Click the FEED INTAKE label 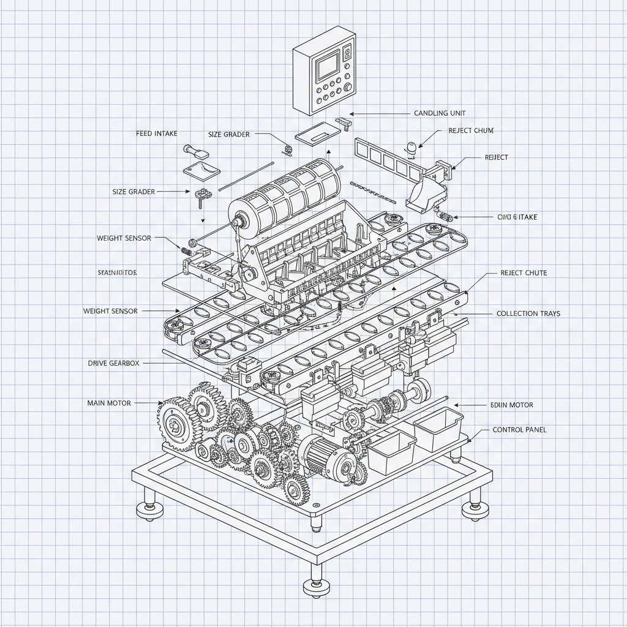point(157,133)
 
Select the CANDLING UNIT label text point(440,113)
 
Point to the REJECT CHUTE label point(524,272)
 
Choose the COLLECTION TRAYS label point(528,313)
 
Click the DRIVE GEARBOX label point(114,363)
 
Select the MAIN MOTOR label point(109,403)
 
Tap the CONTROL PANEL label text point(519,430)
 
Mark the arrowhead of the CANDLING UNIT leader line point(351,114)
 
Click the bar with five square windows point(389,157)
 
